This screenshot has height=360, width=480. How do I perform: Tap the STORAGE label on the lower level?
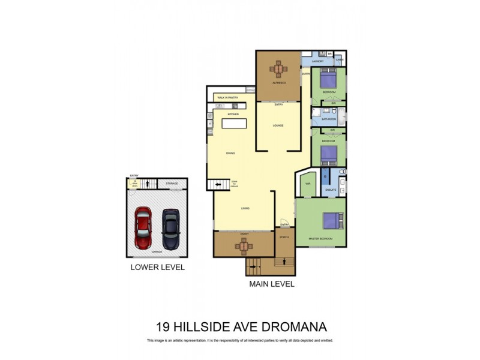pyautogui.click(x=172, y=184)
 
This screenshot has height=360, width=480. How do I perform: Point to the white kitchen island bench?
pyautogui.click(x=235, y=124)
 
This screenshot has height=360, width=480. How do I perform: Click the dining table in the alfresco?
pyautogui.click(x=279, y=69)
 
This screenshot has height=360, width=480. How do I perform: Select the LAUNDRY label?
pyautogui.click(x=318, y=61)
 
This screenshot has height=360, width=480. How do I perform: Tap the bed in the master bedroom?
pyautogui.click(x=331, y=221)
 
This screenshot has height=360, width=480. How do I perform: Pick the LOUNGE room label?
pyautogui.click(x=278, y=126)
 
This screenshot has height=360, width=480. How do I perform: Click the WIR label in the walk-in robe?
pyautogui.click(x=307, y=184)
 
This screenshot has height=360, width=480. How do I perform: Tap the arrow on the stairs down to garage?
pyautogui.click(x=219, y=185)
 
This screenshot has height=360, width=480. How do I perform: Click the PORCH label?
pyautogui.click(x=284, y=237)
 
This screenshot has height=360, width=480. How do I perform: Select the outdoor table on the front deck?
pyautogui.click(x=244, y=245)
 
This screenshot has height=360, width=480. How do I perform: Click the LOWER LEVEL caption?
pyautogui.click(x=157, y=268)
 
